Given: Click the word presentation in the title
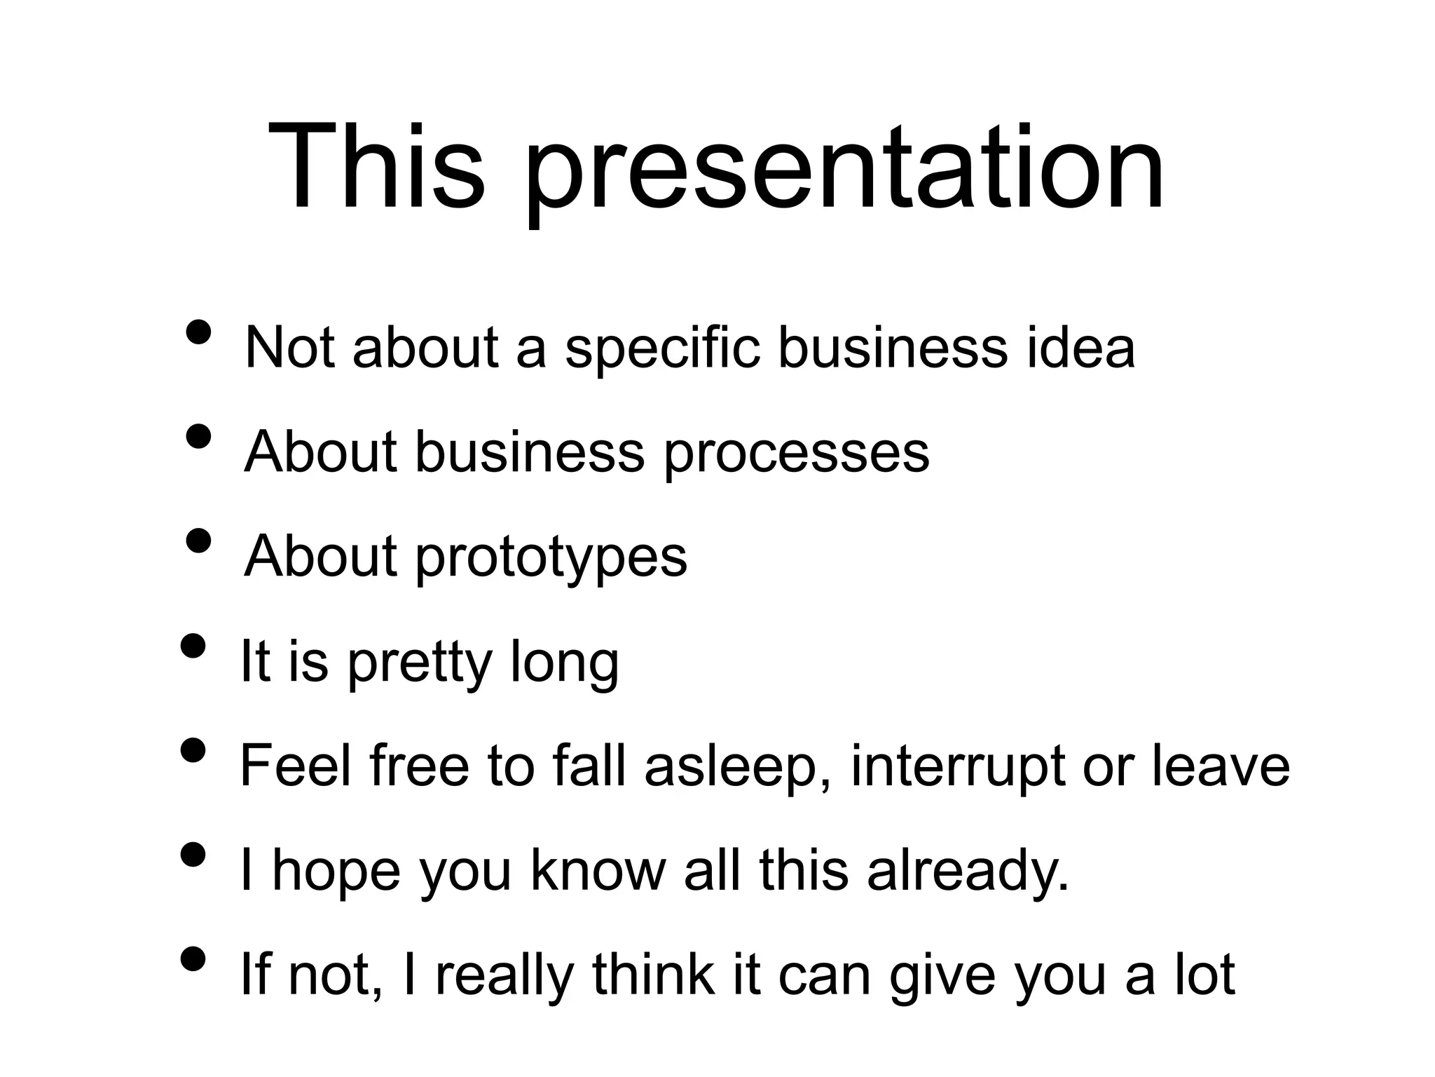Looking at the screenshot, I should point(844,172).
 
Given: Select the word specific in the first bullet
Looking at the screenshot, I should point(662,348).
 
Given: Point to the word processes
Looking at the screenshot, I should point(796,454).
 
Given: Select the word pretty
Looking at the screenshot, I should point(420,663).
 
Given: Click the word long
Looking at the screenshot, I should point(565,663).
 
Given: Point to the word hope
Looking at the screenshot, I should point(336,872).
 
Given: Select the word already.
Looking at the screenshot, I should point(968,872).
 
